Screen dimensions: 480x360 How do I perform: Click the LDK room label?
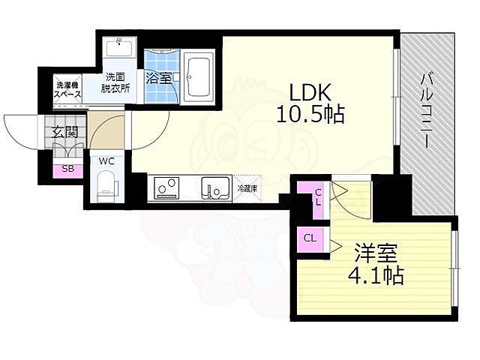coord(310,92)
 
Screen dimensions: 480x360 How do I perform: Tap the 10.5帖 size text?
coord(310,114)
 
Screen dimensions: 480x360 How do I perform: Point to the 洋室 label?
coord(376,253)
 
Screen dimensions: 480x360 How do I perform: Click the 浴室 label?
coord(158,79)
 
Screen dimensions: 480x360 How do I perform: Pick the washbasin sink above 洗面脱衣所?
coord(118,46)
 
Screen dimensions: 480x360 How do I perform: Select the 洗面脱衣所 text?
coord(115,82)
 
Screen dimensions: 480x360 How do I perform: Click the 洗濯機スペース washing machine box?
coord(67,89)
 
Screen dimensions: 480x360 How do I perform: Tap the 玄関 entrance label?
coord(65,132)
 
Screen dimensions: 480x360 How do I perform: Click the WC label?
coord(106,161)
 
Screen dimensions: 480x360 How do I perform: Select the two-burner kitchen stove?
coord(166,188)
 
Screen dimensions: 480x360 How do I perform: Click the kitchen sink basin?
coord(215,187)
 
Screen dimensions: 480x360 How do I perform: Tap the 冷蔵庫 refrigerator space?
coord(247,188)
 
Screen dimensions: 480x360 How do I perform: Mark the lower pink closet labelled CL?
coord(310,239)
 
